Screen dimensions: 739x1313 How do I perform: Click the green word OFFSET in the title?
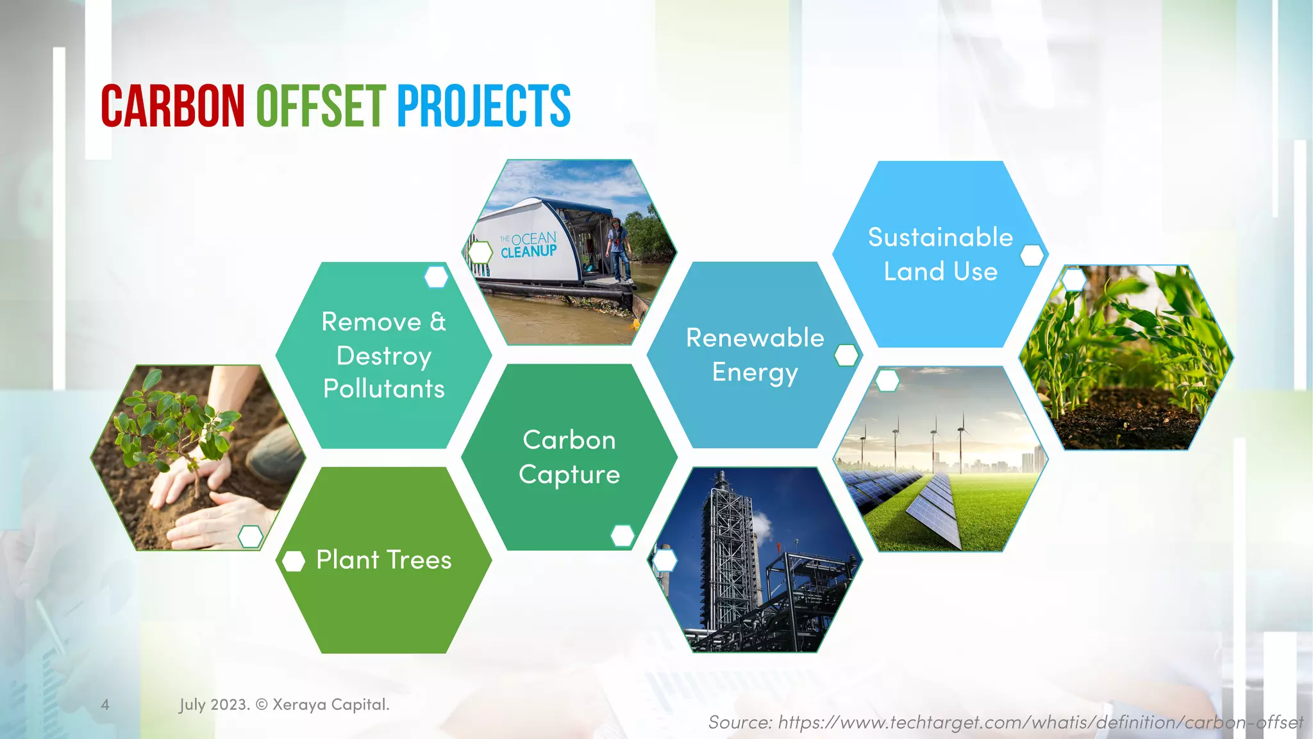(321, 106)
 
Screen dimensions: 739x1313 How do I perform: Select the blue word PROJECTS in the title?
(483, 106)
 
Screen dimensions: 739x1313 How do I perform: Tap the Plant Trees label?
(383, 560)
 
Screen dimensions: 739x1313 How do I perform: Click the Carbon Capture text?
(569, 457)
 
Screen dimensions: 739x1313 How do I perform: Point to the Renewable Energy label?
(755, 355)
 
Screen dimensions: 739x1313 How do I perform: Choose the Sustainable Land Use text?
(940, 254)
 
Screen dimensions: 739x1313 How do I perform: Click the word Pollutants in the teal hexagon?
(383, 389)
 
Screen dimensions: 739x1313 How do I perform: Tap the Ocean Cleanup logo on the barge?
(528, 246)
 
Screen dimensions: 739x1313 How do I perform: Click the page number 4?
(105, 704)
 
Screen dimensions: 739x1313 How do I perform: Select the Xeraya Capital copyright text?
(284, 704)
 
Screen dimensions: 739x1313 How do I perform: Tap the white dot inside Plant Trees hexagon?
(294, 561)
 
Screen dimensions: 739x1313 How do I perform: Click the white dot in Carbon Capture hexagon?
(622, 535)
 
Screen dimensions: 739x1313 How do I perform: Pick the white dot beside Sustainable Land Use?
(1032, 255)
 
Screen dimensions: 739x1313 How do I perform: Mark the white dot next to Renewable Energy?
(846, 355)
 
